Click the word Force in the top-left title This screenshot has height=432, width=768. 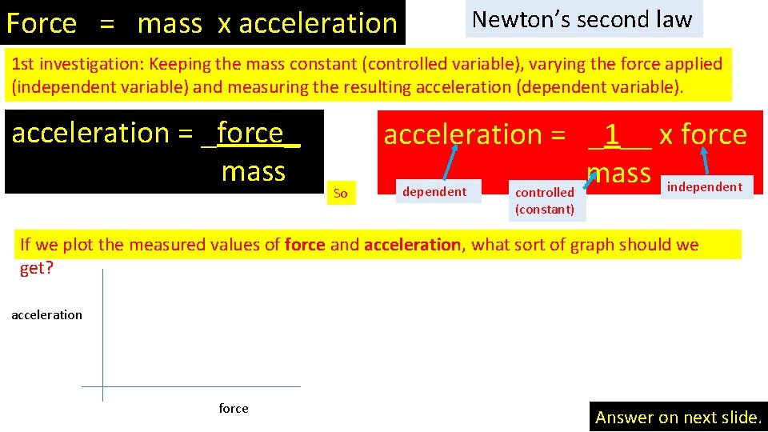(x=41, y=24)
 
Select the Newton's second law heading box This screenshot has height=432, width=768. (x=582, y=19)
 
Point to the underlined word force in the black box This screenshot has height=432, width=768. (x=250, y=133)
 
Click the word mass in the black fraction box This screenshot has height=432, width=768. (x=253, y=171)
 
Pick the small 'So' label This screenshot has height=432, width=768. (x=340, y=193)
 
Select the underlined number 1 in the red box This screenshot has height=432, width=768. (x=612, y=134)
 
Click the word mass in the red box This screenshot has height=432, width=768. (x=618, y=172)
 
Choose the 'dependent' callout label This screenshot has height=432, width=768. (x=434, y=192)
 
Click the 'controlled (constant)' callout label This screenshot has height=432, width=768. (x=545, y=201)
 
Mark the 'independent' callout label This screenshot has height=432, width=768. (x=705, y=187)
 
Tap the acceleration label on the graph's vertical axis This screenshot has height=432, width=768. (x=46, y=315)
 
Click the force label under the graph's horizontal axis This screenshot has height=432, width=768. (x=234, y=409)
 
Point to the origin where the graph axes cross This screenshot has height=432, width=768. (x=103, y=387)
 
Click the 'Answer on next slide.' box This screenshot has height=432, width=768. (x=678, y=417)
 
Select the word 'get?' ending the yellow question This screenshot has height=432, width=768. (x=36, y=268)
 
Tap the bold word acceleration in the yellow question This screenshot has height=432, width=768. (x=412, y=245)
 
